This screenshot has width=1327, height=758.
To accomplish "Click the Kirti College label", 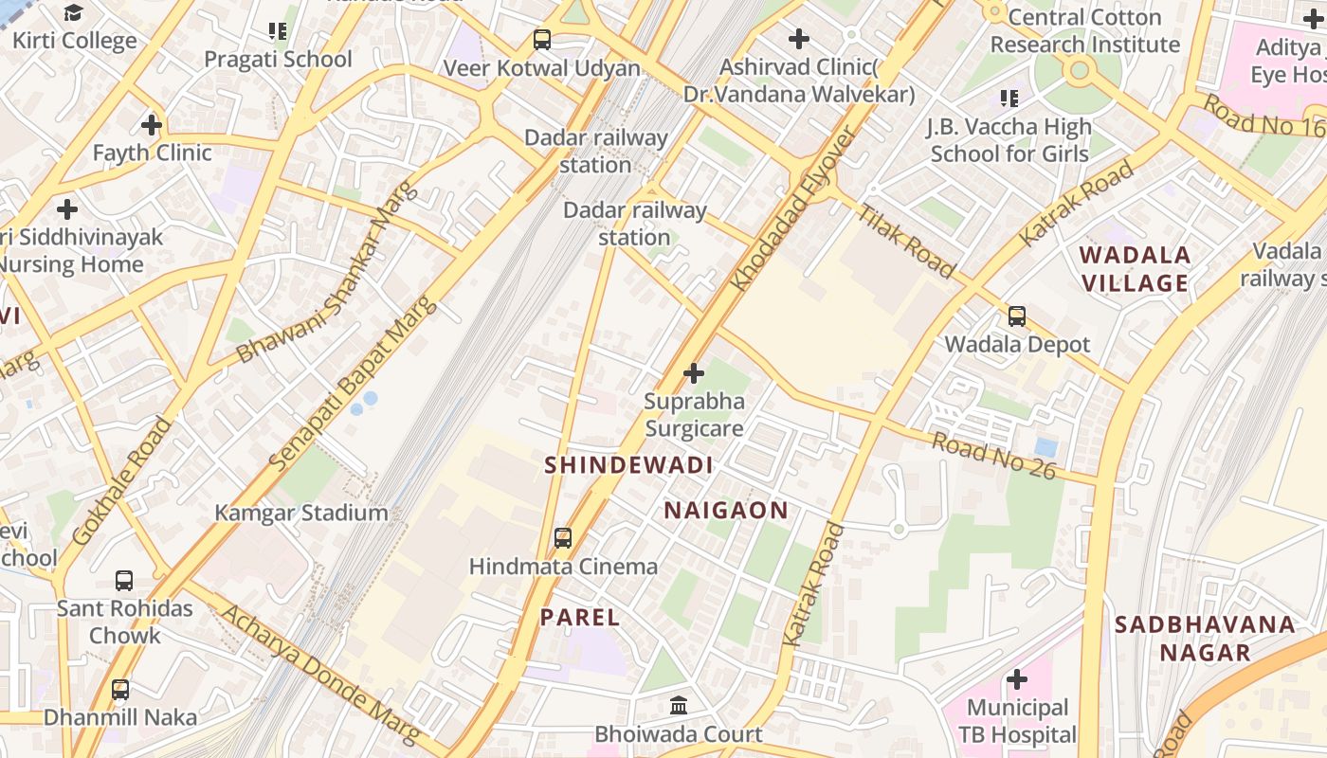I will point(75,42).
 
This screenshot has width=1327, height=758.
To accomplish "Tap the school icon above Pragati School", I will point(278,31).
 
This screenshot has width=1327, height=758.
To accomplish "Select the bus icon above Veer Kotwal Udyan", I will point(541,40).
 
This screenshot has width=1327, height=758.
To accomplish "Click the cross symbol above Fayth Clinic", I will point(151,125).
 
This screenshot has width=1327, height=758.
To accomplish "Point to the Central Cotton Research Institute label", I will point(1084,31).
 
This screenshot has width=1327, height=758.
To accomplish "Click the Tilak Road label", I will point(905,241).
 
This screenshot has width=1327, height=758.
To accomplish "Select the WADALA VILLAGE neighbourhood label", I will point(1135,269).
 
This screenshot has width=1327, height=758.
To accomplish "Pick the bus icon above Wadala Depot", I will point(1017,316).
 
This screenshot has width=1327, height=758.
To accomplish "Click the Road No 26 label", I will point(993,456).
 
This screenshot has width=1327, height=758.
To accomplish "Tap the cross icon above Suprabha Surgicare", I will point(694,373).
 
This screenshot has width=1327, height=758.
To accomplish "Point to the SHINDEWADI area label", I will point(628,465).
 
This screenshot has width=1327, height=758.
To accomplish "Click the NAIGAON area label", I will point(725,511).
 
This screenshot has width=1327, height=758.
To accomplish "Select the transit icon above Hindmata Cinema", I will point(563,538).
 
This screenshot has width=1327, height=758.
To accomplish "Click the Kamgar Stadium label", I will point(301,514).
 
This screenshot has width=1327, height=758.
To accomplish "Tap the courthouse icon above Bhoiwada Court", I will point(679,706).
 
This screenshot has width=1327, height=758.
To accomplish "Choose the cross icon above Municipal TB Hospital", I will point(1016,679).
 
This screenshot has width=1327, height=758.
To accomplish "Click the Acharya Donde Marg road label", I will point(319,672).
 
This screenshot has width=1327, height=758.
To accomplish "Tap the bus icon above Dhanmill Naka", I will point(120,690).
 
